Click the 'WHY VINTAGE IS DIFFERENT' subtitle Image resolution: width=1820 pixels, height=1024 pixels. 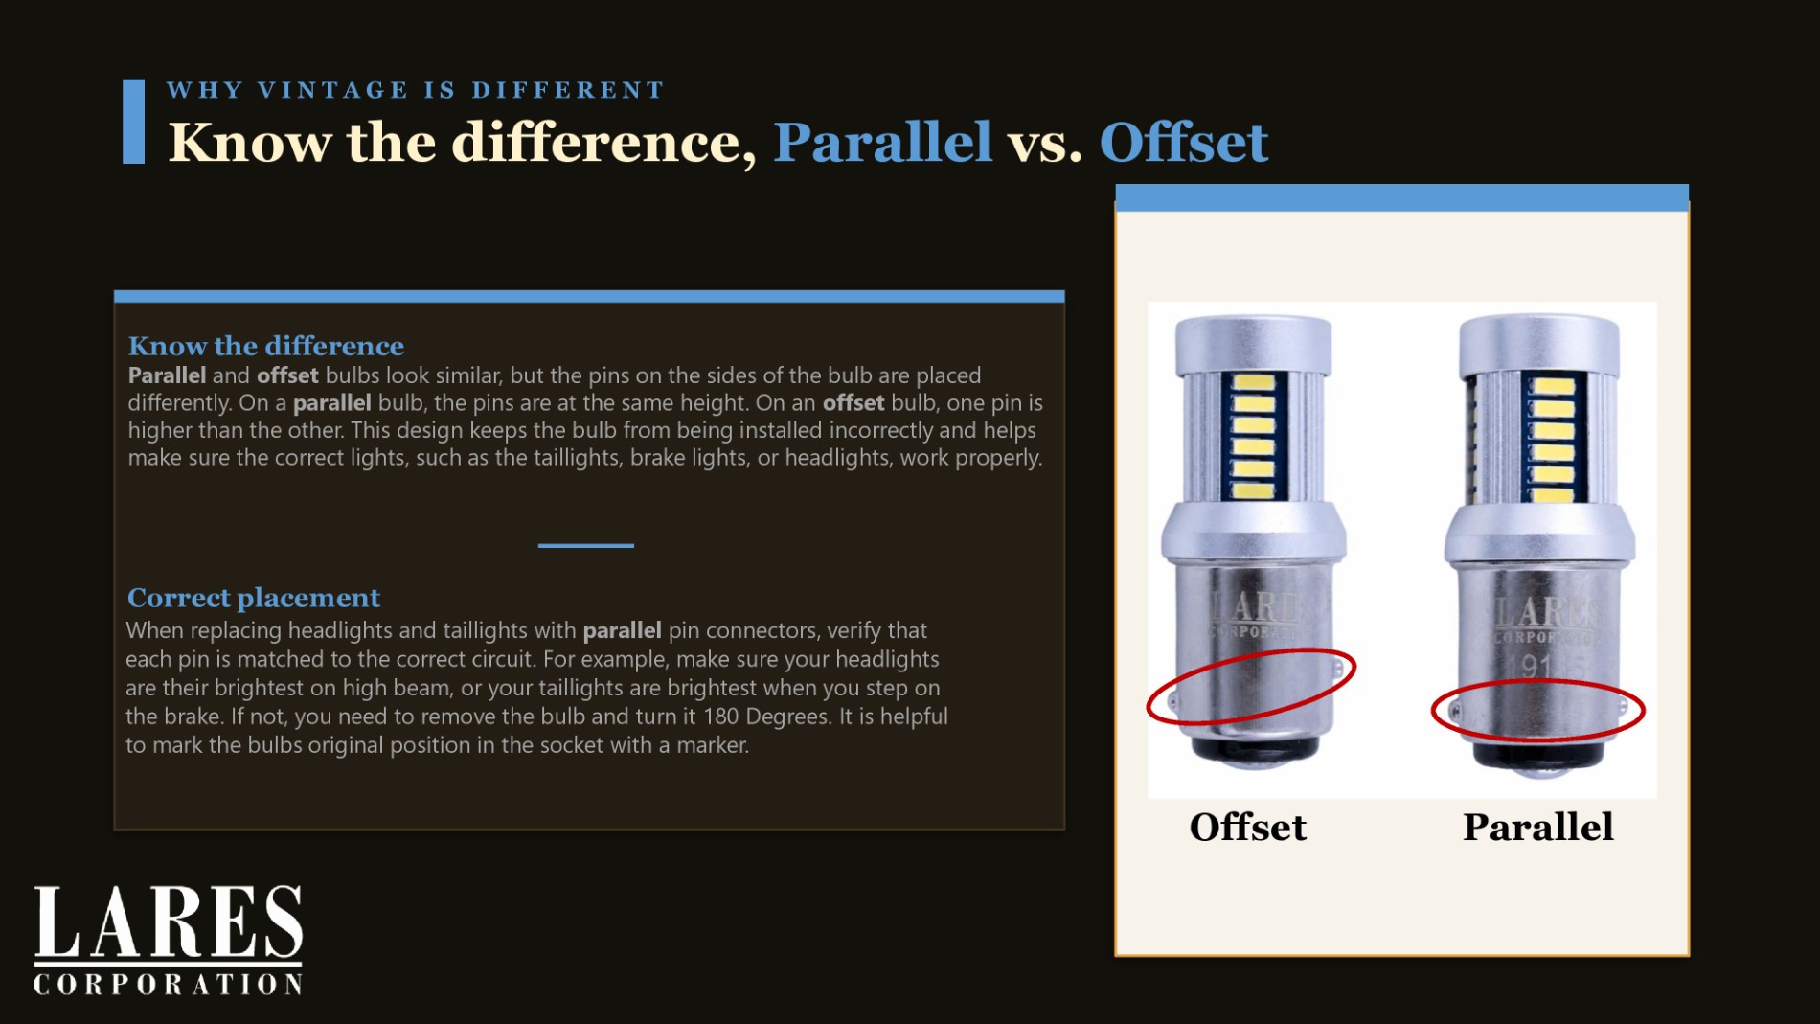point(416,90)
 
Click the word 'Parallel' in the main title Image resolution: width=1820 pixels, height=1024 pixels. point(882,142)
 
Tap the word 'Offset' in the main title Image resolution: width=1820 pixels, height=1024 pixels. point(1184,142)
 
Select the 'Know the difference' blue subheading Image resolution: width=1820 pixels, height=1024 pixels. point(266,346)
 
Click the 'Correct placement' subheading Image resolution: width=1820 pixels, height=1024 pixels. point(254,598)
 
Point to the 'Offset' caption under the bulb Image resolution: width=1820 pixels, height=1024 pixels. point(1247,827)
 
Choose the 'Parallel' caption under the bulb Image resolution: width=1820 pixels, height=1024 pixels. point(1538,827)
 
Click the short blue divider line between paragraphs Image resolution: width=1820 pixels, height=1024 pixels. point(586,545)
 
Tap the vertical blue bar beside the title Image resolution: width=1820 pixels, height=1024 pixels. point(133,122)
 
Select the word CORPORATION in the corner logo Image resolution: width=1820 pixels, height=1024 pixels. point(169,985)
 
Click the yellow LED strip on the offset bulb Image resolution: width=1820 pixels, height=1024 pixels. point(1253,436)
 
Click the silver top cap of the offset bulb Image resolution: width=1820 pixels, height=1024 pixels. point(1253,345)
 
